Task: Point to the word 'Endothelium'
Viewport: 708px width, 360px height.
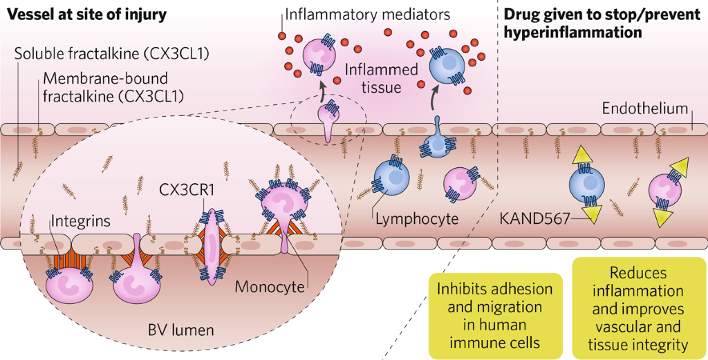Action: [x=644, y=108]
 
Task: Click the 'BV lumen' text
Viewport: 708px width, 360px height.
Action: [x=181, y=330]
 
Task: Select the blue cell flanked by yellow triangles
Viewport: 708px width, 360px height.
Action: [x=586, y=187]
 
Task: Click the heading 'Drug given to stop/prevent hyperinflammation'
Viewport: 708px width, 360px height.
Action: [x=571, y=22]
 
